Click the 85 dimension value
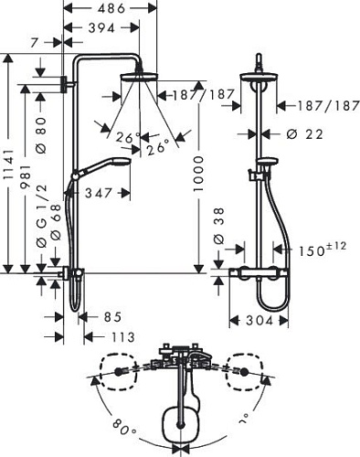[111, 317]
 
